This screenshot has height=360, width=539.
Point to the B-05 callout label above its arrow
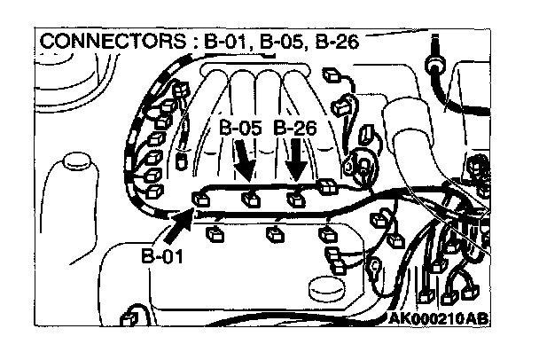tap(239, 128)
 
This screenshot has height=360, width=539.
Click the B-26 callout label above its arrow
tap(295, 128)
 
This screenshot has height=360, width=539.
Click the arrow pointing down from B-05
tap(245, 163)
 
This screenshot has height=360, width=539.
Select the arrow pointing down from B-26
tap(297, 163)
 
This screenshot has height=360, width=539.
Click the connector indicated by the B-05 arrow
tap(251, 199)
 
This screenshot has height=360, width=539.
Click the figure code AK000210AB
tap(441, 318)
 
